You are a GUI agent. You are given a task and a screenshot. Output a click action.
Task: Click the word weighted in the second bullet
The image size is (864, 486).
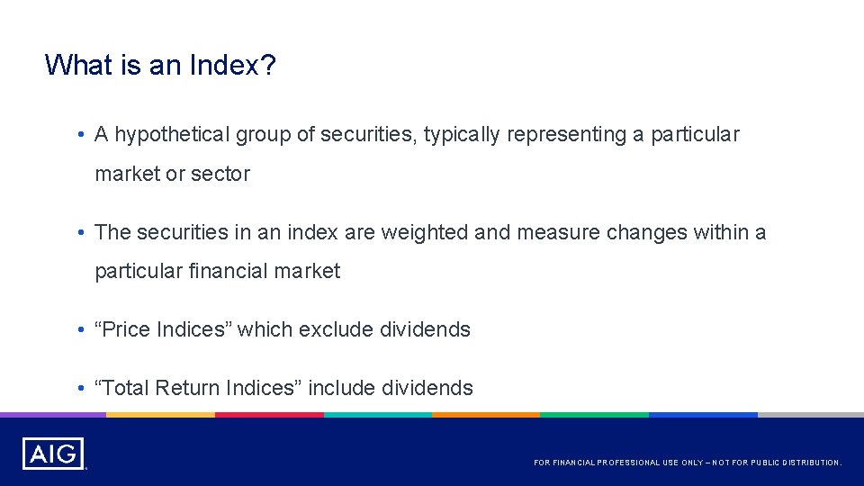[424, 232]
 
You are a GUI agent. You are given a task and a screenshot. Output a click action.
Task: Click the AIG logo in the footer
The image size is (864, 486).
[53, 454]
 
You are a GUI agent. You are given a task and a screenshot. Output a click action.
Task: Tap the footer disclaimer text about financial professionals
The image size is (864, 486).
[688, 463]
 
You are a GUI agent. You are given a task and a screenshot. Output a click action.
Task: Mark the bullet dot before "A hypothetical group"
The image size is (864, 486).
[81, 135]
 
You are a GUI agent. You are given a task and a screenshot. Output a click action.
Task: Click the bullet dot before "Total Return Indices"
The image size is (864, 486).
[81, 388]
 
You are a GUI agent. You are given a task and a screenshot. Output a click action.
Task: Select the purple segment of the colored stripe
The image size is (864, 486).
[53, 415]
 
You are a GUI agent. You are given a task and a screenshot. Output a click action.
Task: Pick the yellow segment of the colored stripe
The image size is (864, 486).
[160, 415]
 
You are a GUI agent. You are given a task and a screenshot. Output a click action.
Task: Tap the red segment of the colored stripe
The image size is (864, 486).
[269, 415]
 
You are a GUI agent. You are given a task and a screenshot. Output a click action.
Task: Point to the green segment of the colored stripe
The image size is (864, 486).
[594, 415]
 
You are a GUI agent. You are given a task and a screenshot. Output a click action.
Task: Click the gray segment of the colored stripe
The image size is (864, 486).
[810, 415]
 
